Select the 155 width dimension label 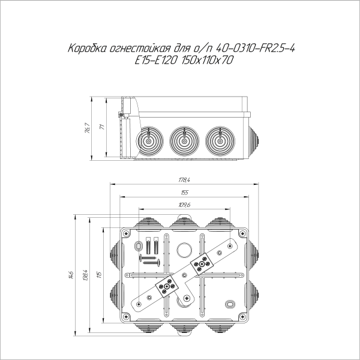coord(184,193)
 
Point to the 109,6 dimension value coord(184,205)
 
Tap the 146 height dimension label coord(71,275)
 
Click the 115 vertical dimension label coord(100,275)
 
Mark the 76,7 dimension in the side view coord(87,128)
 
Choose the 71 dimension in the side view coord(101,127)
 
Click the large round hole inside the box coord(184,250)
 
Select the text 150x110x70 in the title coord(208,59)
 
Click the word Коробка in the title coord(88,48)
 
